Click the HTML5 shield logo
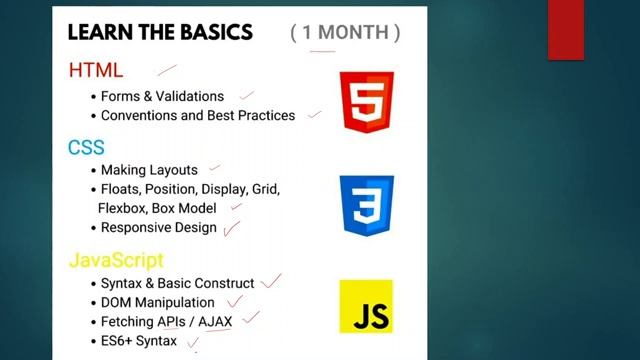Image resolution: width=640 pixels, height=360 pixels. click(x=367, y=101)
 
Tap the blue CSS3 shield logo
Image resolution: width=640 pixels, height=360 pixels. click(x=366, y=204)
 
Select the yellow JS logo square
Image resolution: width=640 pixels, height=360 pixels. click(x=366, y=306)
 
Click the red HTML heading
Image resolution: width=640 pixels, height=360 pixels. click(x=96, y=70)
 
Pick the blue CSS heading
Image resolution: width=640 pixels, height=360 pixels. click(x=86, y=148)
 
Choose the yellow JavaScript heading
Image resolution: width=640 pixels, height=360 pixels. click(x=115, y=260)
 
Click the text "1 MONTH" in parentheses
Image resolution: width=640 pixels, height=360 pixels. click(x=345, y=32)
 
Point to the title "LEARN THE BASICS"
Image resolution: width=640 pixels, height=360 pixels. click(x=160, y=32)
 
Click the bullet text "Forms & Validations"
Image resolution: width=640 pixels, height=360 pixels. click(x=162, y=96)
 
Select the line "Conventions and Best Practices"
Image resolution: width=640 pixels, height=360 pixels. click(x=198, y=115)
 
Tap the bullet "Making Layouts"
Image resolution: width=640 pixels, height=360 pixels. click(x=149, y=170)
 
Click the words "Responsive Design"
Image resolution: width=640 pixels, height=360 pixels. click(x=158, y=227)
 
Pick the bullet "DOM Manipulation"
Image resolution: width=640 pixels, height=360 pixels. click(x=157, y=302)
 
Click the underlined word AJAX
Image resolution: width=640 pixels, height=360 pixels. click(x=215, y=321)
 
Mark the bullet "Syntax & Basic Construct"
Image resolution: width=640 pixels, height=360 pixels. click(x=177, y=283)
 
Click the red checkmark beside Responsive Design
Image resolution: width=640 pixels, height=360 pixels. click(x=232, y=228)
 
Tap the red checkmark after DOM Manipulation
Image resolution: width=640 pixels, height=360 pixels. click(x=235, y=300)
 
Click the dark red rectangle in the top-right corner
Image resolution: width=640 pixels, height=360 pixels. click(x=566, y=29)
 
